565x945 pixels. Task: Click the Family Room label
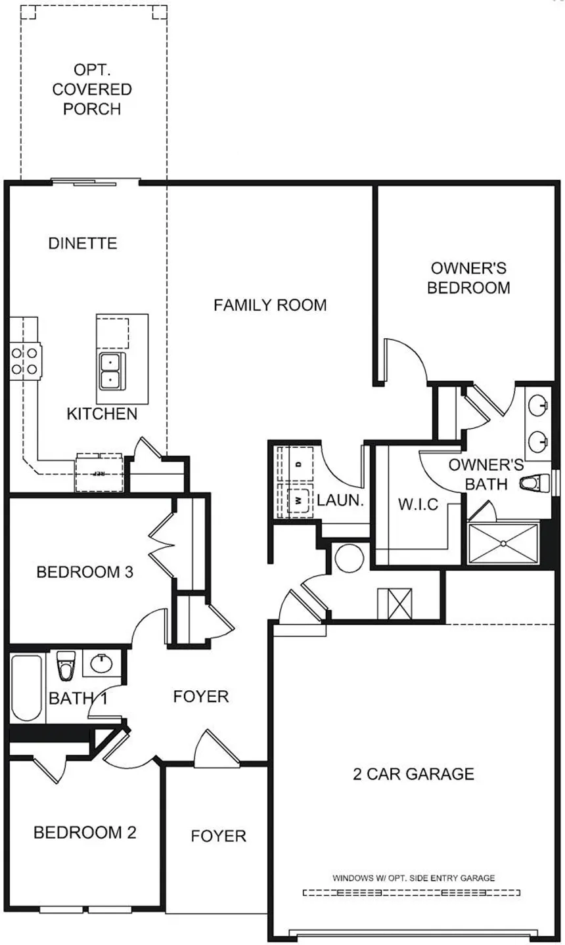270,305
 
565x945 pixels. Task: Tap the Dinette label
83,244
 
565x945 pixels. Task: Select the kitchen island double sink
112,371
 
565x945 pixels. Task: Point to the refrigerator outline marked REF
100,473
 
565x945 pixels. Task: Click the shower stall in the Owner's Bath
503,543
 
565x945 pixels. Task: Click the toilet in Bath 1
66,665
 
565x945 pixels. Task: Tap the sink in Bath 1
101,664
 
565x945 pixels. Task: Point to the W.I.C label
418,504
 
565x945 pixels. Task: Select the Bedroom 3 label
85,572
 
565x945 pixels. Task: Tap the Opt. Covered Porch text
92,89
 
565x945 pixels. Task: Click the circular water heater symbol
350,558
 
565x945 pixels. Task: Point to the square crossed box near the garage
395,604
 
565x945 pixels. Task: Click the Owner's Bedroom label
468,278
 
